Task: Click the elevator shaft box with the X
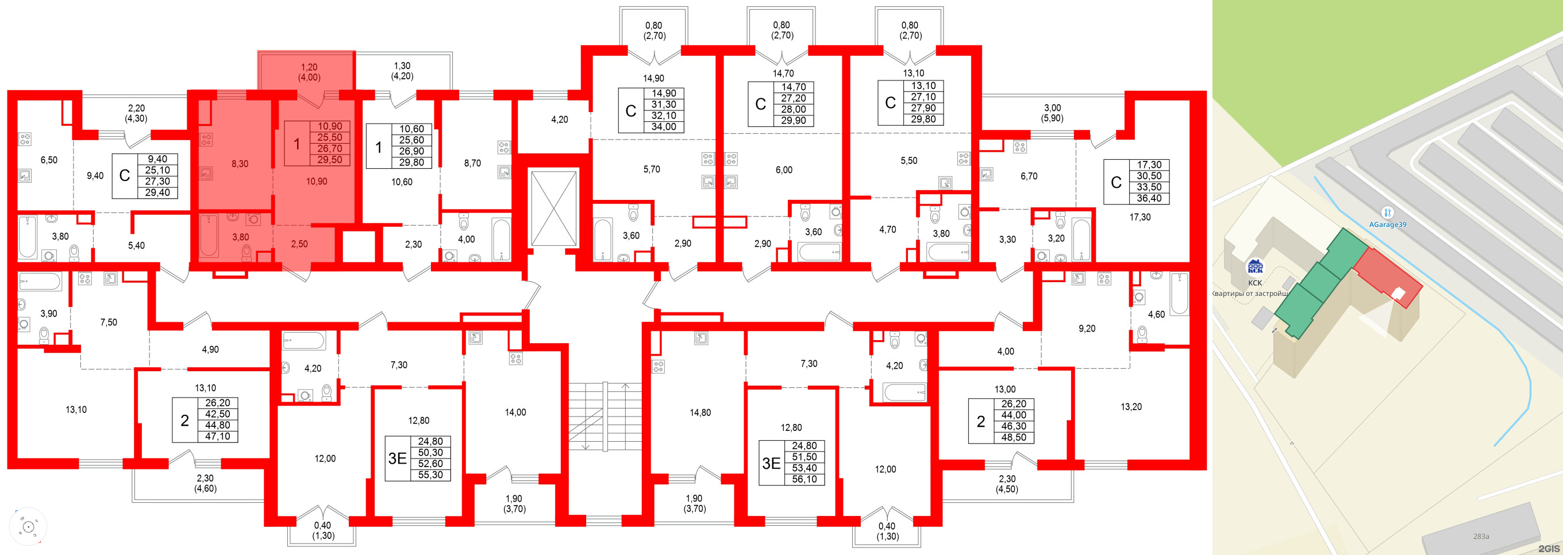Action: [553, 208]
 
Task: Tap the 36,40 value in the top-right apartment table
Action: [1149, 198]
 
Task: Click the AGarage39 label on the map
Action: [1388, 224]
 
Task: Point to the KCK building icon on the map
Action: [1254, 268]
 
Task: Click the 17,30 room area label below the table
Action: [1139, 217]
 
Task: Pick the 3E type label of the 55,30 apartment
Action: [398, 458]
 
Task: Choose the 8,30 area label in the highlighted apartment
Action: [240, 164]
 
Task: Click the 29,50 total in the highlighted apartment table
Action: [329, 160]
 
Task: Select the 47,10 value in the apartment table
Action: [217, 436]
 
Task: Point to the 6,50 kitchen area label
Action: [48, 160]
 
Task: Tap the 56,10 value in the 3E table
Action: [804, 479]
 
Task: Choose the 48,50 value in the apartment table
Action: [1013, 437]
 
